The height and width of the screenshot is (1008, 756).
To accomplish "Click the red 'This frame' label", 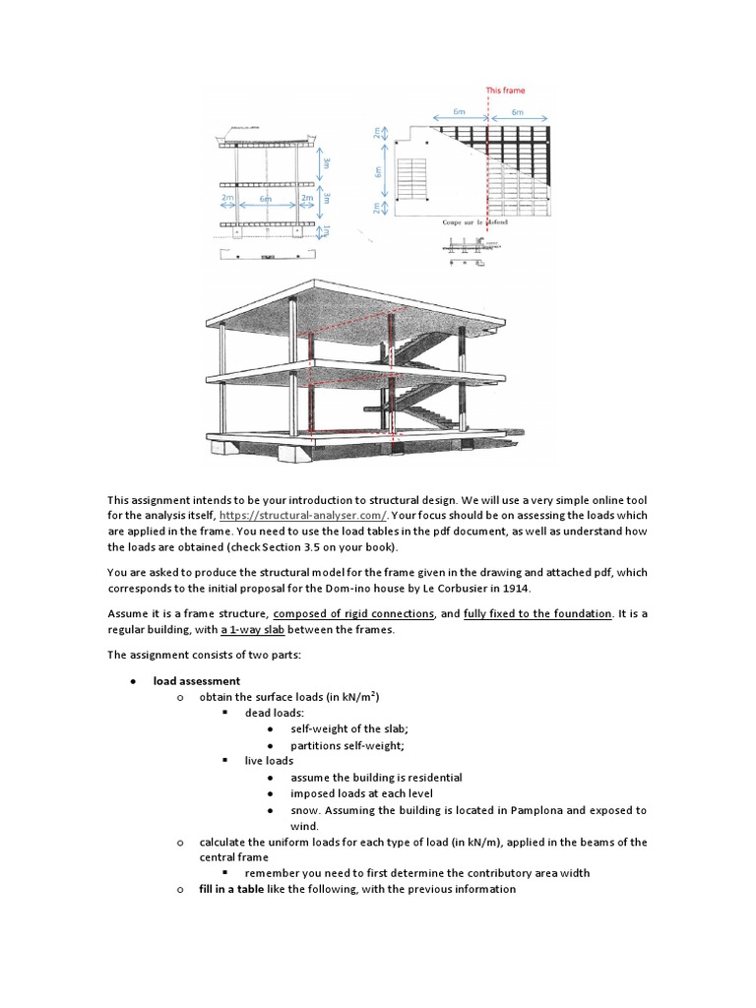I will point(506,91).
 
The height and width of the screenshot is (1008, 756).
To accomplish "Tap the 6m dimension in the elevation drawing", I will point(267,198).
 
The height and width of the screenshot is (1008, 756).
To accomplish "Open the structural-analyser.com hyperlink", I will point(304,515).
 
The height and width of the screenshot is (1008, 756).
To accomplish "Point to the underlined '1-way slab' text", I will point(262,630).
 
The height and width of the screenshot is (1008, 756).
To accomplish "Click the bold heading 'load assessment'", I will point(196,680).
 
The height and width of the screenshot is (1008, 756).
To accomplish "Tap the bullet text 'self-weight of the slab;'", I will point(347,729).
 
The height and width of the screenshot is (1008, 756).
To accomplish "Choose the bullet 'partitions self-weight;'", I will point(346,745).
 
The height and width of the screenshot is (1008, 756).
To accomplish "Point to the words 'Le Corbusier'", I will point(501,589).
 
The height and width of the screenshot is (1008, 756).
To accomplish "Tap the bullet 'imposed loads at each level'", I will point(361,793).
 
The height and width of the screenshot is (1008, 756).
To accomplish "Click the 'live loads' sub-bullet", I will point(269,761).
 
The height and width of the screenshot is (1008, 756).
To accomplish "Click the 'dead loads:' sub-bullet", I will point(274,713).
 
